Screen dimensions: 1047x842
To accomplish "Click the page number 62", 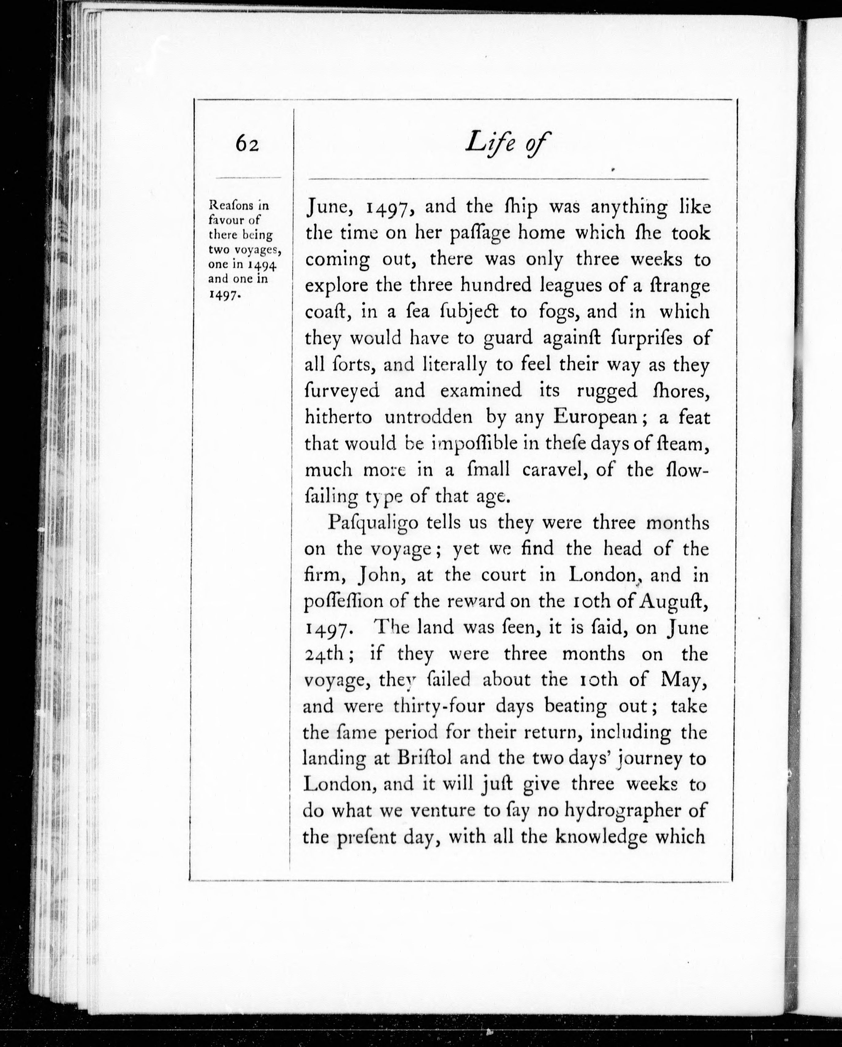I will [247, 144].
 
